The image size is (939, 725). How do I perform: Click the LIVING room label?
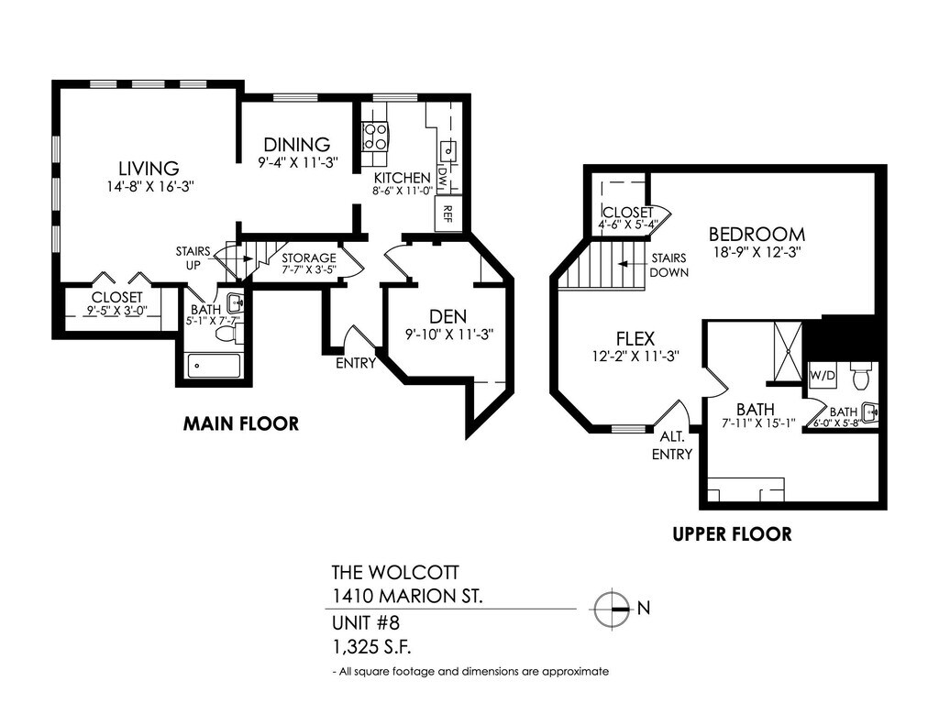pos(148,168)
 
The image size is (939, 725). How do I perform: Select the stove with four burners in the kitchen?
pos(376,137)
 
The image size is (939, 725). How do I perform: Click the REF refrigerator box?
pos(447,214)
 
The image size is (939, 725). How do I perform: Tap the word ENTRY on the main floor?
pos(356,363)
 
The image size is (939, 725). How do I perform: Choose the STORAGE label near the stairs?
pos(308,258)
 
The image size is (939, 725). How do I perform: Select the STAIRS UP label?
pos(193,258)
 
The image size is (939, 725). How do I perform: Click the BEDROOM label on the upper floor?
pos(757,234)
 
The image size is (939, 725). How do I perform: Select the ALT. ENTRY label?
pos(672,445)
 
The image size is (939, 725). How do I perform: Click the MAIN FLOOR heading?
pos(240,423)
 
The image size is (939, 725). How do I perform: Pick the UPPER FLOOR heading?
pos(731,533)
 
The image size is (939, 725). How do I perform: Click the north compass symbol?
pos(613,608)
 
